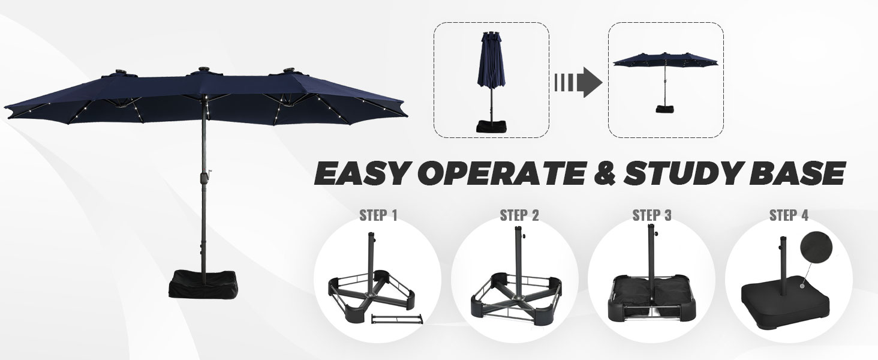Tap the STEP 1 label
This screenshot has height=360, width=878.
378,215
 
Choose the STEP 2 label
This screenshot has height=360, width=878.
519,215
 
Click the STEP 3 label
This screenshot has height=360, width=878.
652,215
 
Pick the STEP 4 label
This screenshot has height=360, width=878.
789,215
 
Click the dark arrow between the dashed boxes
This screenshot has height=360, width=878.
579,82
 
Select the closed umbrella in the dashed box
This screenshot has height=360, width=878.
491,82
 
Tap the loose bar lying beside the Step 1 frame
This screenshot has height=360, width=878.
396,318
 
